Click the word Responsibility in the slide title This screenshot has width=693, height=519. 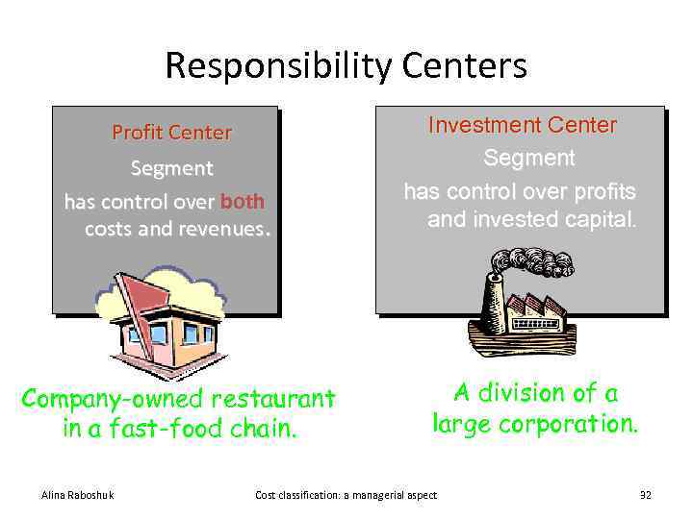(276, 66)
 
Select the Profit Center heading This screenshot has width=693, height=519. (171, 133)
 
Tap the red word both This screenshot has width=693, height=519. (242, 202)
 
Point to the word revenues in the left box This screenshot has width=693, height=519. (222, 229)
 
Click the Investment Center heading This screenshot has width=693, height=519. (522, 125)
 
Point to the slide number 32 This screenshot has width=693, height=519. (645, 495)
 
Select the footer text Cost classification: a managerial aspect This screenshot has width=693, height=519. (346, 495)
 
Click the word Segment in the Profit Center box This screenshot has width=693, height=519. (171, 168)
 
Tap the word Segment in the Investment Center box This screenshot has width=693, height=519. (528, 158)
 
